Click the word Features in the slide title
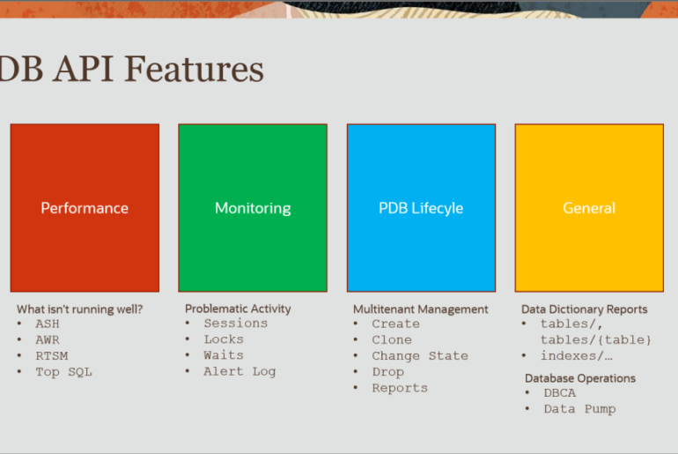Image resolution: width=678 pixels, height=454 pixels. point(194,69)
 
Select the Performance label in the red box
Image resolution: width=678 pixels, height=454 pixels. point(85,208)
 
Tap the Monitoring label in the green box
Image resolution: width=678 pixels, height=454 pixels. point(253,209)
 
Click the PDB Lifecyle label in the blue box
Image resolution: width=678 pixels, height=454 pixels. point(421,208)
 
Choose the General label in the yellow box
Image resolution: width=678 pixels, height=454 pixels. point(589,208)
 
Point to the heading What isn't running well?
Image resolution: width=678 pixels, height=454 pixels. point(79,309)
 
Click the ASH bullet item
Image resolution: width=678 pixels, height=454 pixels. point(48,324)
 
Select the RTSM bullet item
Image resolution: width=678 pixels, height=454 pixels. point(51,356)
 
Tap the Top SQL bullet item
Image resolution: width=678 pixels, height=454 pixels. point(63,372)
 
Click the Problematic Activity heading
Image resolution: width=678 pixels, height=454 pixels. point(238,309)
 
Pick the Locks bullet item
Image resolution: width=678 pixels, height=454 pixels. point(224,339)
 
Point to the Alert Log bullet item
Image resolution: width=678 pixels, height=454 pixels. point(240,372)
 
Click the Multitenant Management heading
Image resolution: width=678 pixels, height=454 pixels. point(420,309)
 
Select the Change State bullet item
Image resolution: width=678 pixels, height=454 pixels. point(420,356)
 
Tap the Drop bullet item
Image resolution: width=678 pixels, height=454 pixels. point(387,372)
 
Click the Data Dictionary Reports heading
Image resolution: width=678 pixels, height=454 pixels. point(584,309)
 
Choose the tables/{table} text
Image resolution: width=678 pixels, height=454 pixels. point(595,339)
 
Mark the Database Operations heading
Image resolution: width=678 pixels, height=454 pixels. point(580,378)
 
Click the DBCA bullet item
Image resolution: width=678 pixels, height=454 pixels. point(559,393)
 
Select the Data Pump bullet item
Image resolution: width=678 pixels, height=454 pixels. point(580,409)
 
